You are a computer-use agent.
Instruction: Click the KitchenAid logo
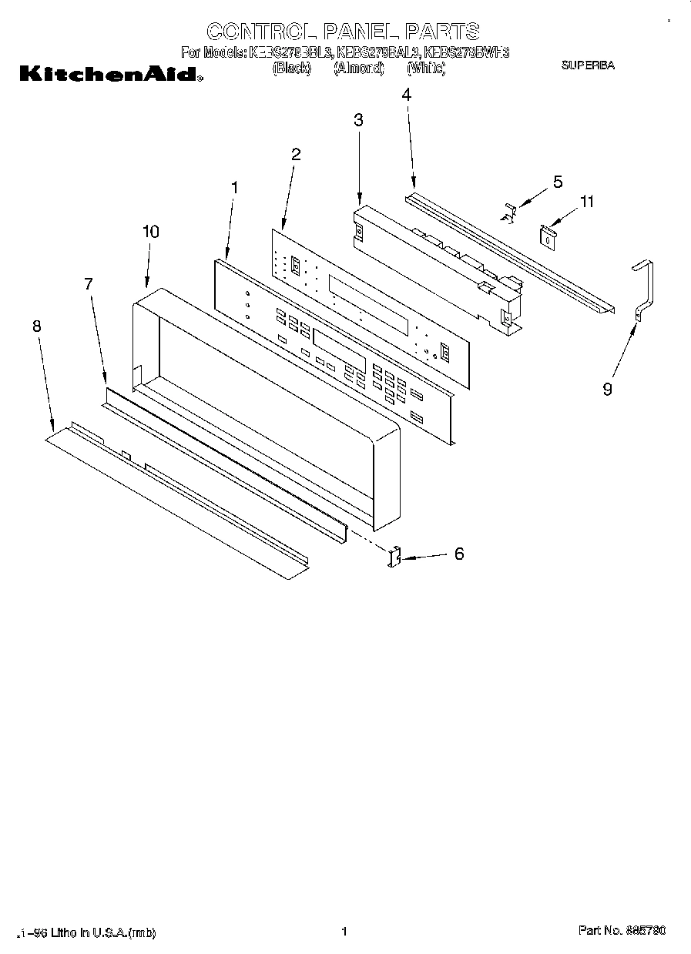109,75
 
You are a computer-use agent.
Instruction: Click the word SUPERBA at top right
587,66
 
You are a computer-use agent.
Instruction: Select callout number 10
151,232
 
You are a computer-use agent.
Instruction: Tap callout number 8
36,326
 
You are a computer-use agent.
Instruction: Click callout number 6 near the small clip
459,554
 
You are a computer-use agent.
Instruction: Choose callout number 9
607,390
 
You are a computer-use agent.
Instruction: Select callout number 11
586,203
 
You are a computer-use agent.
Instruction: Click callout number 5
557,182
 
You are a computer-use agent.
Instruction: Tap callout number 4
406,95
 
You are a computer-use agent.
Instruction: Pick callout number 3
358,119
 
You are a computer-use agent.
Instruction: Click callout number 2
295,154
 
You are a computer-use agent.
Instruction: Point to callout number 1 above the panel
235,187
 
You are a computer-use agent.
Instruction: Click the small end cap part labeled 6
395,557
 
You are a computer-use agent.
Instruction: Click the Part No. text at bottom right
622,931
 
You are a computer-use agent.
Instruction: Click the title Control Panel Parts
344,31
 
